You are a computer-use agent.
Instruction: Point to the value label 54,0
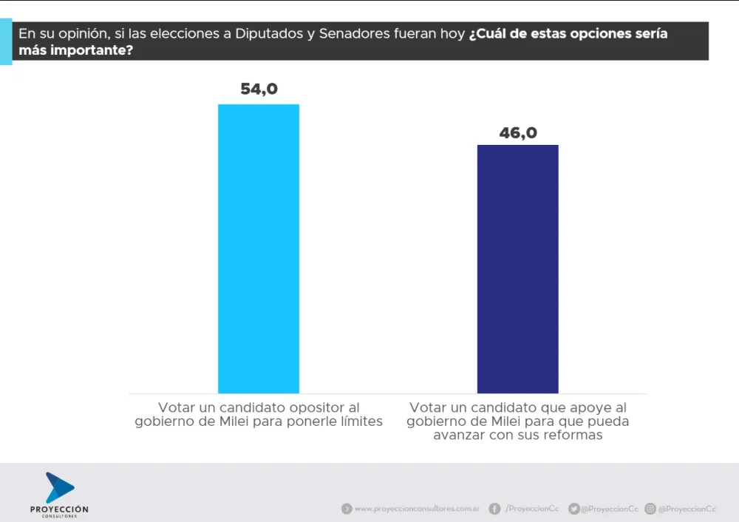[259, 89]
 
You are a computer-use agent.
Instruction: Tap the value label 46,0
[518, 133]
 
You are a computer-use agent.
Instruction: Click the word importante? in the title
[88, 52]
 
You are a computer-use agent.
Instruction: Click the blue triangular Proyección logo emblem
[59, 487]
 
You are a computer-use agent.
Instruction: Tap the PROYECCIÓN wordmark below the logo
[59, 509]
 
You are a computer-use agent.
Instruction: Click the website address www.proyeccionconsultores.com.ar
[417, 509]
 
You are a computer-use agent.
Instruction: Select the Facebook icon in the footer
[494, 509]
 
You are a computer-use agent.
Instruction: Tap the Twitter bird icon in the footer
[573, 509]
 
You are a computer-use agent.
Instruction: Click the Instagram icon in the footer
[650, 509]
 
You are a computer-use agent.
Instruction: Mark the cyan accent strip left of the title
[6, 43]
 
